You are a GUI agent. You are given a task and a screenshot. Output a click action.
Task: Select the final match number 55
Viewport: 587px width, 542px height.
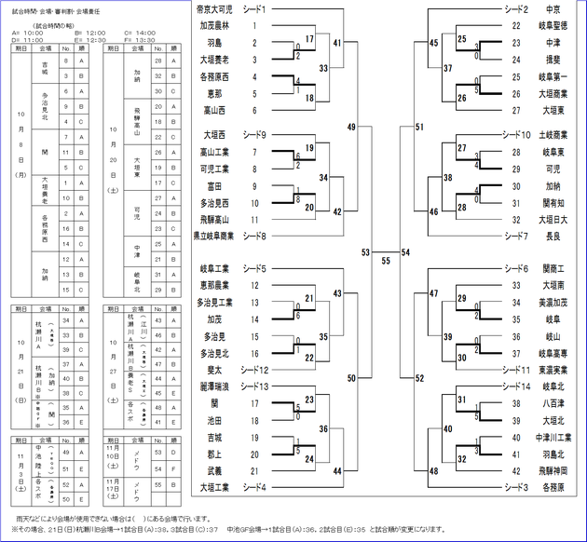click(386, 260)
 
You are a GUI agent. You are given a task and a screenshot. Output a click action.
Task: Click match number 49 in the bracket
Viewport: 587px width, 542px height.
click(350, 127)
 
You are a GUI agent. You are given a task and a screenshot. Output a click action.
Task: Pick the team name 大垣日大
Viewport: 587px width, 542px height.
click(553, 219)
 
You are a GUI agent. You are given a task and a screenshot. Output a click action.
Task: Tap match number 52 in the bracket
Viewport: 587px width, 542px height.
click(419, 378)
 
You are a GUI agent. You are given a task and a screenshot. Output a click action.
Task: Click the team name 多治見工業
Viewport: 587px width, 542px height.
click(215, 303)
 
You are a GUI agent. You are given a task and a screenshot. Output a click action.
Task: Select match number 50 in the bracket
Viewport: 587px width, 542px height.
click(350, 378)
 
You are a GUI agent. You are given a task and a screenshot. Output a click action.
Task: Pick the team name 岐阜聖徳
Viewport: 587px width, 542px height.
click(553, 25)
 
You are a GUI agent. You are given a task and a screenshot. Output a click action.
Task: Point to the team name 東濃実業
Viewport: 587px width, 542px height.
click(553, 370)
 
